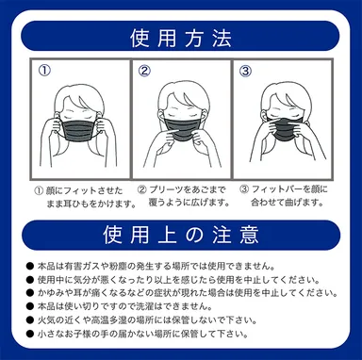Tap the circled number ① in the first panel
click(x=43, y=71)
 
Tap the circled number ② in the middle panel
click(x=144, y=71)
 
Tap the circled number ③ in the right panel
click(x=245, y=71)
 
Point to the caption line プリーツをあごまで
click(x=182, y=188)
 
